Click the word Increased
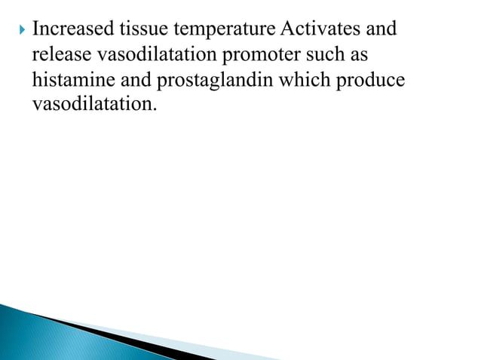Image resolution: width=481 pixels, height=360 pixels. coord(72,30)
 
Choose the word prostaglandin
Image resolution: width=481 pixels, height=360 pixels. coord(216,80)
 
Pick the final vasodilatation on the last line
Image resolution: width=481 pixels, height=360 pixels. coord(93,103)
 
